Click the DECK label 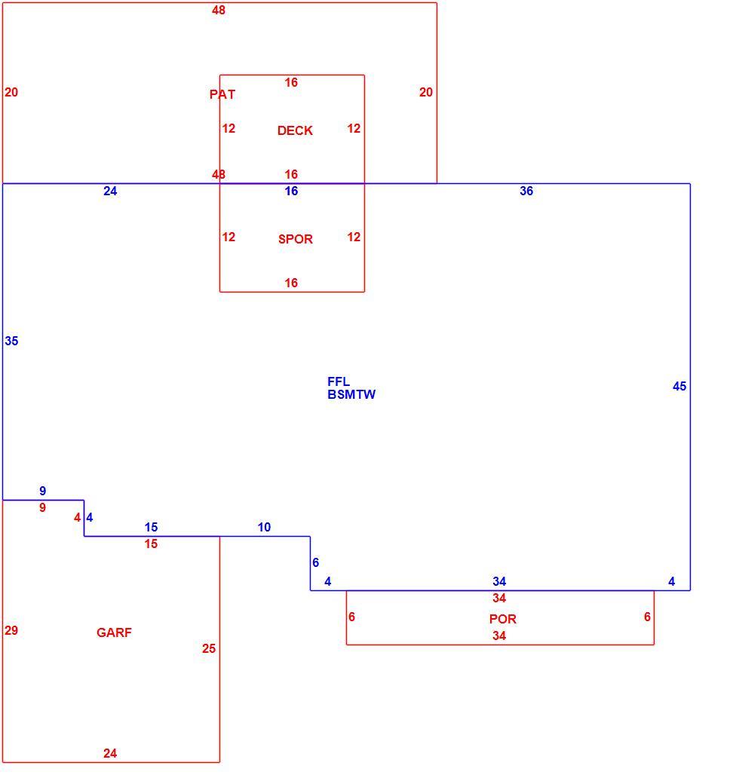pos(295,130)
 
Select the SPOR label pos(296,239)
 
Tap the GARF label pos(114,632)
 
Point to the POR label pos(503,619)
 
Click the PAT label pos(222,94)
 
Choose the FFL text pos(339,381)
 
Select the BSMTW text pos(351,394)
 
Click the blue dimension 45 pos(679,386)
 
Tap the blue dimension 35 pos(11,341)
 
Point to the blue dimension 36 pos(526,191)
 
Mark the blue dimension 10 pos(264,527)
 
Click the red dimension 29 pos(11,630)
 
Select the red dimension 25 pos(209,648)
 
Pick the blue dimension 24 pos(110,191)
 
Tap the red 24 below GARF pos(110,754)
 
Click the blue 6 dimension pos(315,562)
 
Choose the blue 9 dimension pos(43,491)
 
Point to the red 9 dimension pos(43,507)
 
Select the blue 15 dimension pos(151,527)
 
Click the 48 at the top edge pos(218,10)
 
